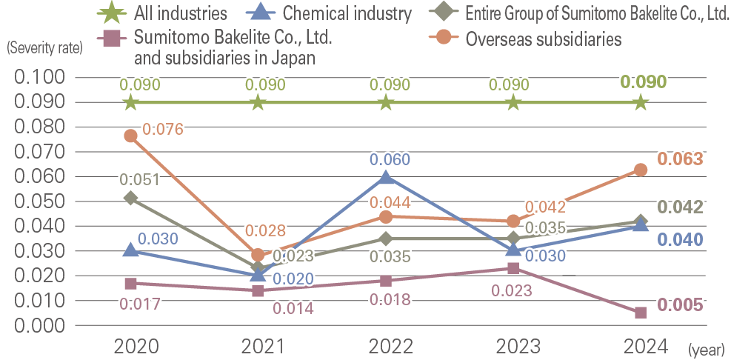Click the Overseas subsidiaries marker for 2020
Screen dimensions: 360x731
point(131,136)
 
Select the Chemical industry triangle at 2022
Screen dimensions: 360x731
point(385,177)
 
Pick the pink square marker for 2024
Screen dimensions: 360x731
point(641,313)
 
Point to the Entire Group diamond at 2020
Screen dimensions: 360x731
point(131,198)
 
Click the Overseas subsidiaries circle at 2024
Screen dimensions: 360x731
point(641,170)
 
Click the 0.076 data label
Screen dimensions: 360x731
point(162,130)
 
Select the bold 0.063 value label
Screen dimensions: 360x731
point(679,159)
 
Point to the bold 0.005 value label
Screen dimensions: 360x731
point(679,305)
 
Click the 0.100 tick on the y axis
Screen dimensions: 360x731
point(40,77)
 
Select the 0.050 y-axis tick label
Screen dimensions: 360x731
point(40,201)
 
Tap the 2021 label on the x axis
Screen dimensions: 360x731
point(258,346)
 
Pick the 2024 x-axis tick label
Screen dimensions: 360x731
point(641,346)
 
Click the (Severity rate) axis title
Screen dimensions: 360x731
point(44,49)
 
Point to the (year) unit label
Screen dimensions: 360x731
point(707,348)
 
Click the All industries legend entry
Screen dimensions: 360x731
point(162,13)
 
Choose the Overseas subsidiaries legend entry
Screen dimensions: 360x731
point(528,39)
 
